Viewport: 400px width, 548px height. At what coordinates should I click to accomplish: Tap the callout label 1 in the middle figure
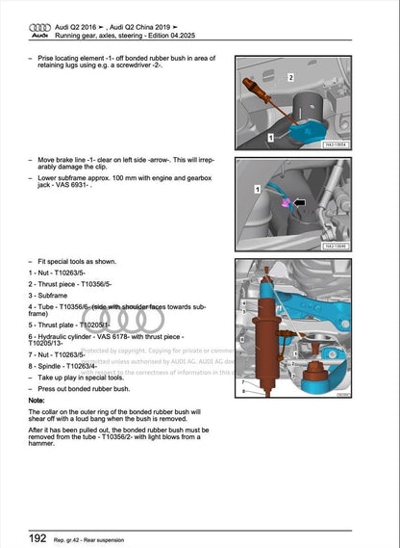tap(257, 191)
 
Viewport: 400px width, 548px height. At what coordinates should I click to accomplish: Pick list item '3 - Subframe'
tap(50, 294)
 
